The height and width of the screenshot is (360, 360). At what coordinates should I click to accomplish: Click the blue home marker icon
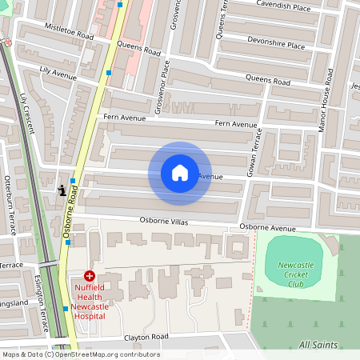click(x=180, y=172)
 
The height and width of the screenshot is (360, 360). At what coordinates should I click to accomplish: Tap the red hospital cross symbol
click(x=89, y=275)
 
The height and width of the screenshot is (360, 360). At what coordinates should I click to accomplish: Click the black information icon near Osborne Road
click(x=62, y=190)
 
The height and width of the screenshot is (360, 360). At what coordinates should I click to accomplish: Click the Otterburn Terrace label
click(x=10, y=204)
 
